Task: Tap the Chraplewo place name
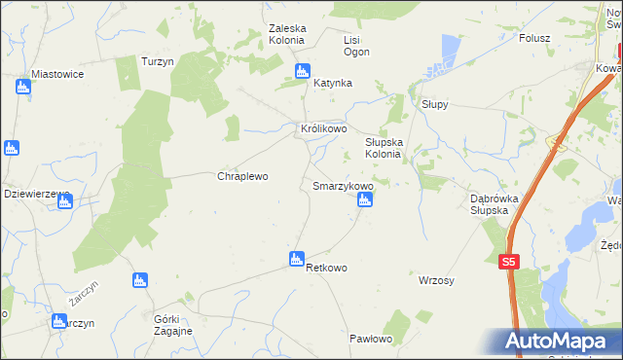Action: pos(241,177)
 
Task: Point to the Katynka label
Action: pos(332,84)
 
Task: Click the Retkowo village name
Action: pos(327,267)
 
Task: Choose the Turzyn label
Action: pos(157,60)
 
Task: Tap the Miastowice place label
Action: pos(57,74)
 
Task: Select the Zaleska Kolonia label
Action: pos(287,34)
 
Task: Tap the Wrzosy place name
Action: pos(436,280)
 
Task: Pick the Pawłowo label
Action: pos(370,339)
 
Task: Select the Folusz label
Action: pos(534,39)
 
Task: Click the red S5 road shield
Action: pos(509,262)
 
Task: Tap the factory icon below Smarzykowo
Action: pos(364,200)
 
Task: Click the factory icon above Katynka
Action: pos(302,71)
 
